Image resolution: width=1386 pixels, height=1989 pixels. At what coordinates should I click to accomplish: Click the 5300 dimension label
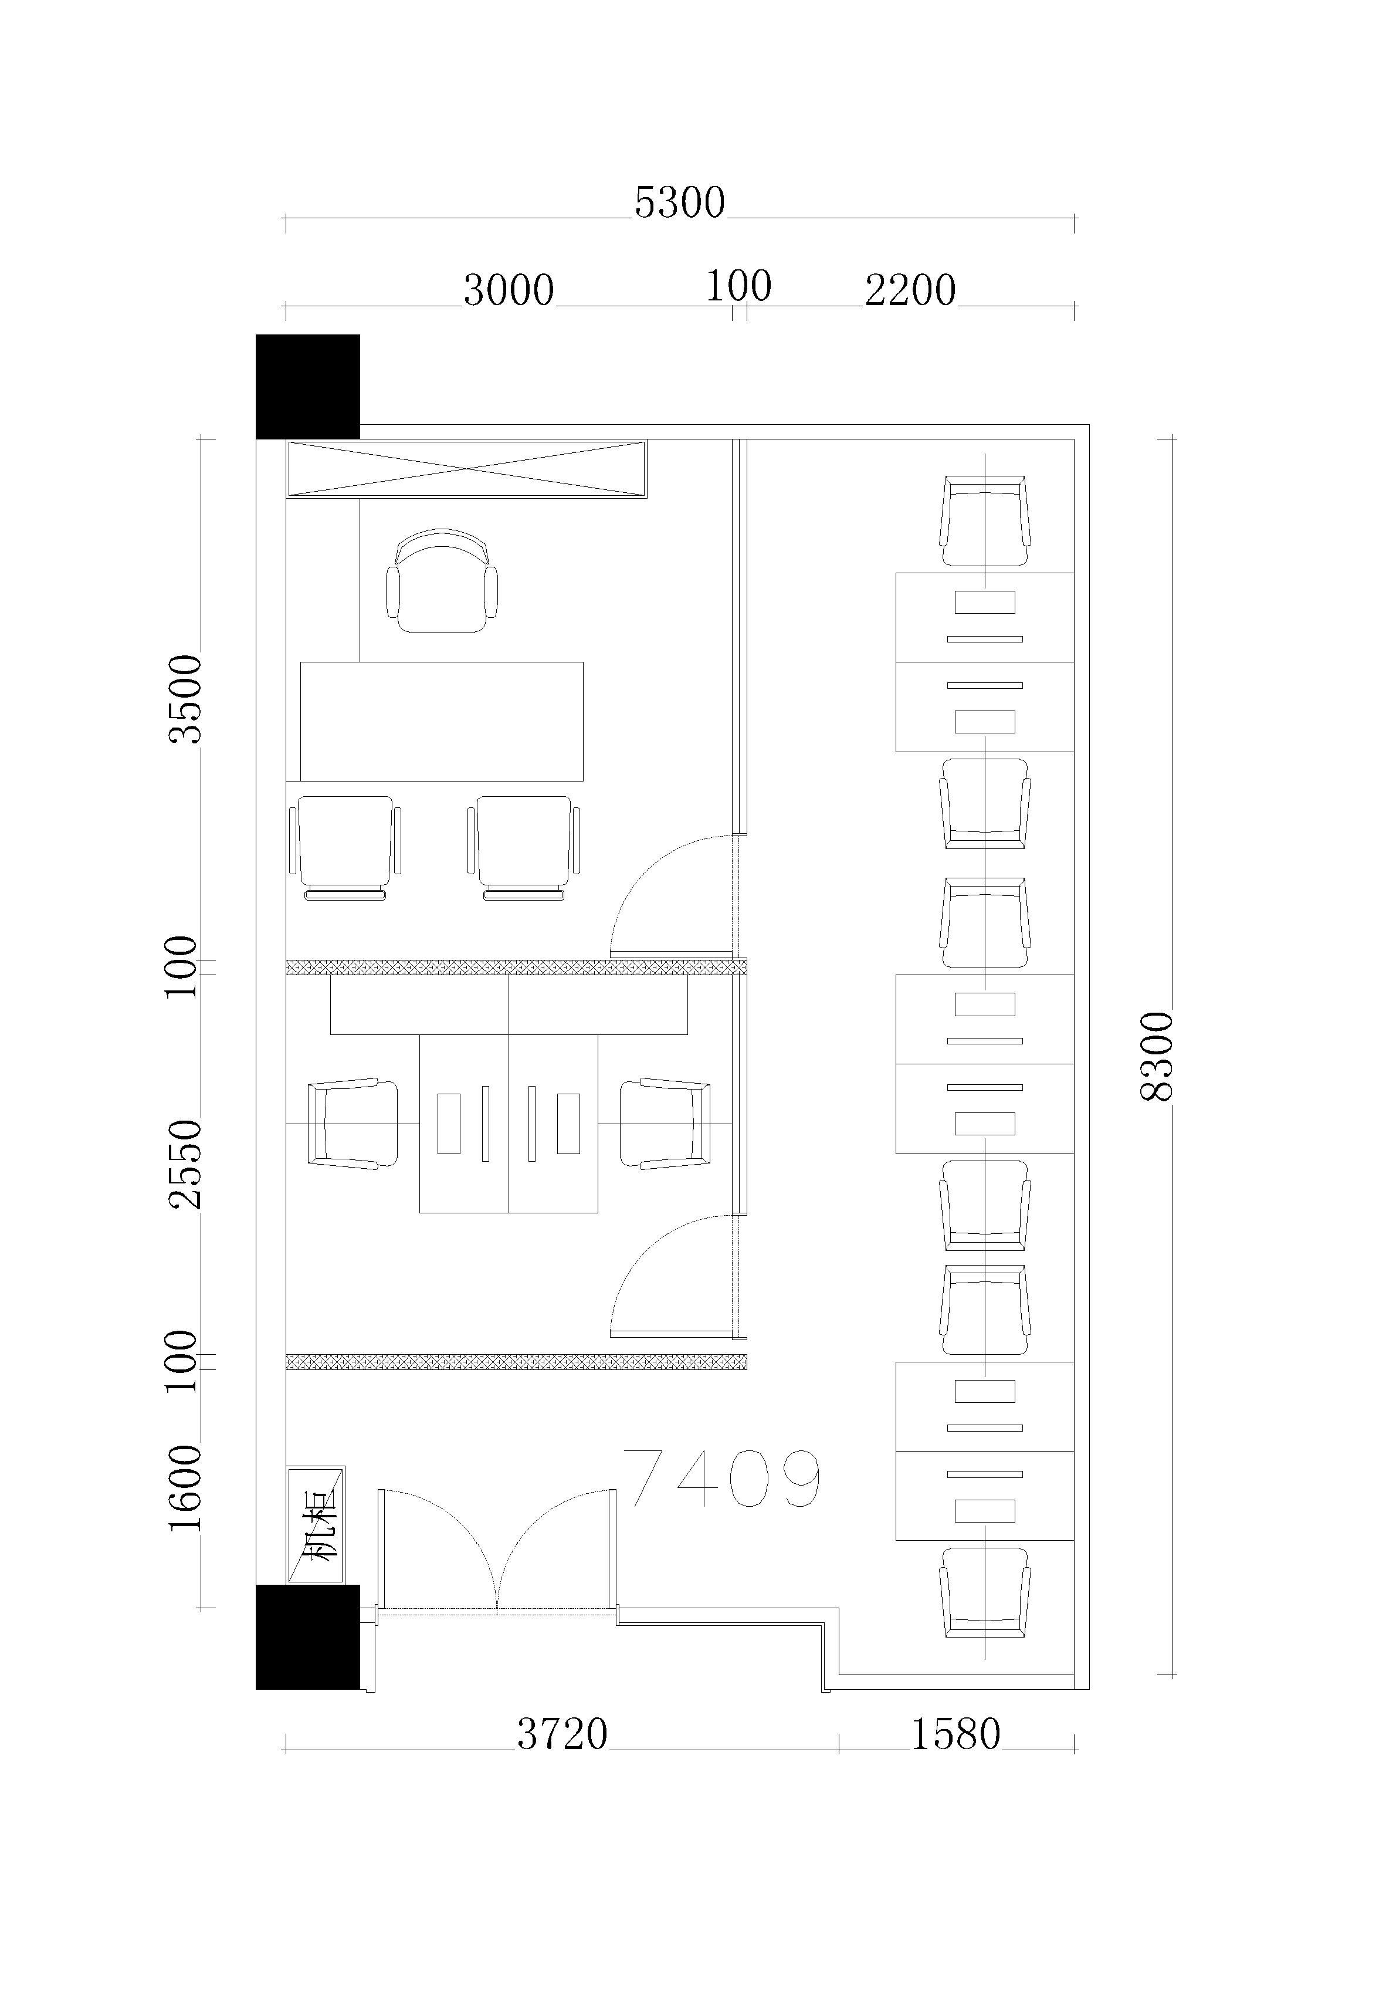click(x=679, y=202)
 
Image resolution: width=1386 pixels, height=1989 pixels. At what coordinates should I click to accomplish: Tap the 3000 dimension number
click(x=509, y=290)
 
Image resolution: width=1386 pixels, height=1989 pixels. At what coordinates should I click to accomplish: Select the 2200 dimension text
click(x=910, y=290)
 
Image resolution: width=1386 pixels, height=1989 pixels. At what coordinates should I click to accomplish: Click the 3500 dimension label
click(x=185, y=699)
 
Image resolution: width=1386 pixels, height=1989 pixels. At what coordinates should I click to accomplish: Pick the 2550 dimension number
click(x=185, y=1164)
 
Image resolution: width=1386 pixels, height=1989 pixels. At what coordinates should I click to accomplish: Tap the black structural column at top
click(x=307, y=387)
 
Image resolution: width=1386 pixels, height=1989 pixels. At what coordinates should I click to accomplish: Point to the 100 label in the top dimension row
click(x=739, y=286)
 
